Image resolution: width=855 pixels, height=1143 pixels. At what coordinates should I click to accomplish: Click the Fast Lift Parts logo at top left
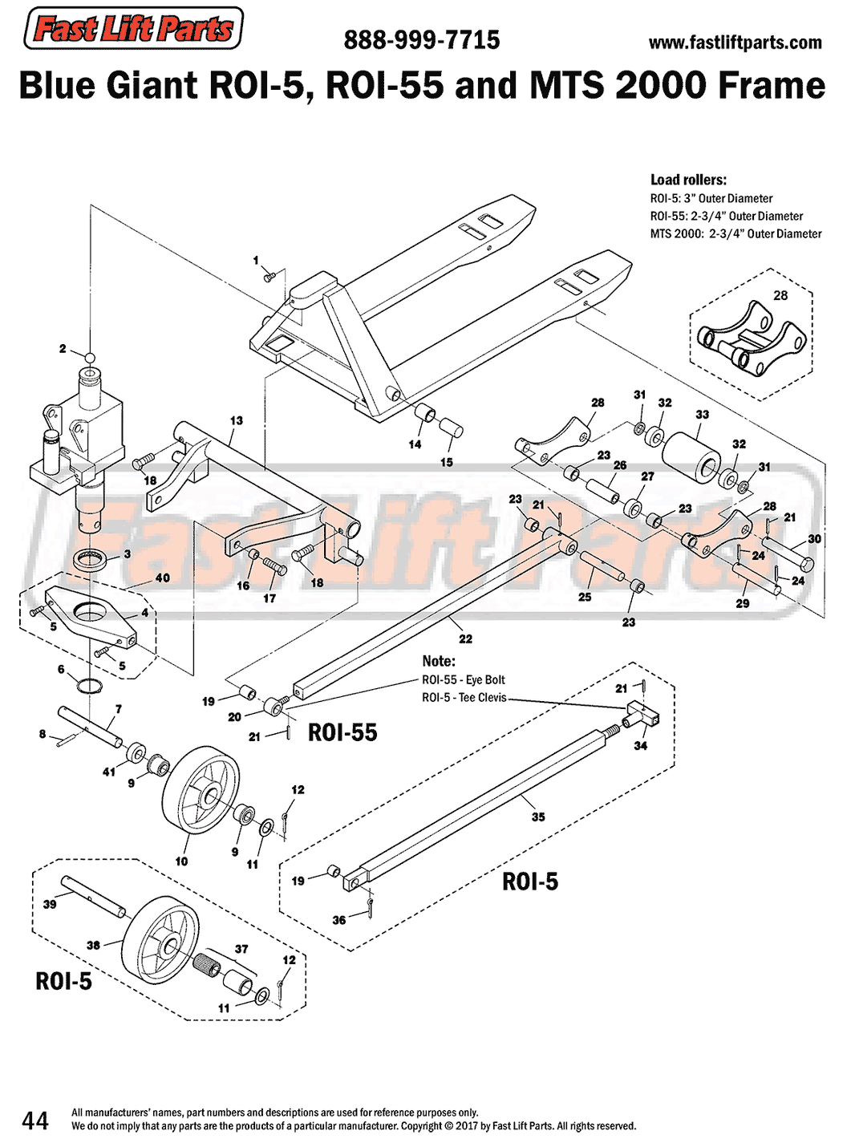(133, 29)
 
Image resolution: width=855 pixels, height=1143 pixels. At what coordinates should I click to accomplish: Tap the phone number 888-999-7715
(421, 40)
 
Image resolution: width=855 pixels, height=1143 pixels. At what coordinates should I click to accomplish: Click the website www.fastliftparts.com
(735, 43)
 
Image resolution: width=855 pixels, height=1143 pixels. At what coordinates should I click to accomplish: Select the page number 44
(35, 1120)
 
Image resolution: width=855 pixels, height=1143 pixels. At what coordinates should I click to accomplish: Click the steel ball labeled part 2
(91, 357)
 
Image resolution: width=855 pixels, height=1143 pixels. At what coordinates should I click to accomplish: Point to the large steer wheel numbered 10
(201, 791)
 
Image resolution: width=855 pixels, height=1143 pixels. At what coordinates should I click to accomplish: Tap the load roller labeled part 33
(691, 458)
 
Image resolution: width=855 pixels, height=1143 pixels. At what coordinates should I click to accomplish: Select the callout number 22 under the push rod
(465, 639)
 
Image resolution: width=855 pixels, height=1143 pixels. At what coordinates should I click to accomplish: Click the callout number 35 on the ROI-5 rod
(538, 817)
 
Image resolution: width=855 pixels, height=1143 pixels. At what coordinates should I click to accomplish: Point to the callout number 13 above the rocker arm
(236, 420)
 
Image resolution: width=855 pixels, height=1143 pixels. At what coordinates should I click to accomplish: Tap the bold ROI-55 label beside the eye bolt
(342, 732)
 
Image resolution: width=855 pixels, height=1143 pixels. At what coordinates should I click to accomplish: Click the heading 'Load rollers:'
(688, 180)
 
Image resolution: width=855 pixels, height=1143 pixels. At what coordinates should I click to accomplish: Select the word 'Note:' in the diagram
(439, 661)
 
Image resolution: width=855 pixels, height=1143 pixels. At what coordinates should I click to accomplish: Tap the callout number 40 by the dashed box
(162, 578)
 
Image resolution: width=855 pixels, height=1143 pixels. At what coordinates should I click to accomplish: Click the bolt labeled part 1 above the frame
(270, 277)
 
